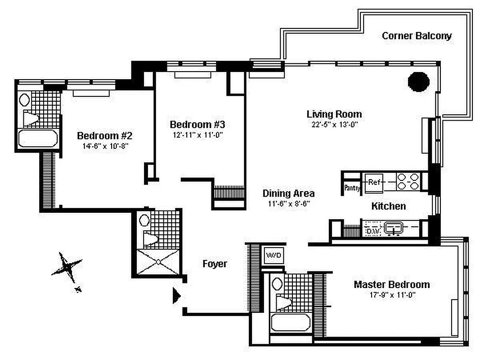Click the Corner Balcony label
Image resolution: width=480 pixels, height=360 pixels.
click(x=417, y=36)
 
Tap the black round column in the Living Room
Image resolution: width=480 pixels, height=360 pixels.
click(x=419, y=81)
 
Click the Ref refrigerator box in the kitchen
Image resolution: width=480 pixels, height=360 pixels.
click(x=374, y=183)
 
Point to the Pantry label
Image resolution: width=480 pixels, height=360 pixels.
click(x=352, y=188)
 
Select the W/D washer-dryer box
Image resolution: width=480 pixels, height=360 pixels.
click(x=274, y=256)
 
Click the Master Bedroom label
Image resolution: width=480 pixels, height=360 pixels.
click(x=391, y=284)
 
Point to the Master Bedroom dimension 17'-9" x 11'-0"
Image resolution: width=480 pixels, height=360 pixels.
click(x=391, y=295)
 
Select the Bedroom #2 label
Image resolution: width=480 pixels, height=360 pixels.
click(x=104, y=135)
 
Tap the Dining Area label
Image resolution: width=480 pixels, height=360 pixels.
click(x=288, y=193)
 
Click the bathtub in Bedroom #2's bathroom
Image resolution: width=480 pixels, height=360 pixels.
click(x=38, y=138)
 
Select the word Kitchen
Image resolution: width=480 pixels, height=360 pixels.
click(x=388, y=206)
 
